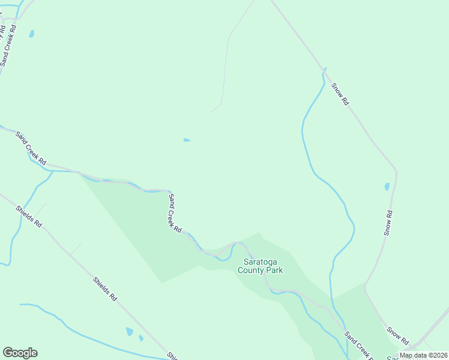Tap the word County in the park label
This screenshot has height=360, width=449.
pos(251,270)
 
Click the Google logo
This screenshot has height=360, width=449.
pos(20,353)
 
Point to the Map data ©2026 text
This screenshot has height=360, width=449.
pos(423,355)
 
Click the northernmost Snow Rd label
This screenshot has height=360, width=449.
pos(340,94)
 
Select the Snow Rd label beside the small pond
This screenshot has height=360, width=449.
pos(388,223)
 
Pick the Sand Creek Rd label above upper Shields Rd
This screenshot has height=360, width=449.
pos(31,149)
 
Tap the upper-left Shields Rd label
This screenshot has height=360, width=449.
pos(29,216)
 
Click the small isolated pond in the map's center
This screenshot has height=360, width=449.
pos(187,140)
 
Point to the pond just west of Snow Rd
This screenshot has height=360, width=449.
pos(387,187)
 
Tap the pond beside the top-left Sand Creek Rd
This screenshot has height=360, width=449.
pos(32,34)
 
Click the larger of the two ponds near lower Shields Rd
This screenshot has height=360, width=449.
pos(129,331)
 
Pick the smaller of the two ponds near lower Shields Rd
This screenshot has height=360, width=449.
pos(141,338)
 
